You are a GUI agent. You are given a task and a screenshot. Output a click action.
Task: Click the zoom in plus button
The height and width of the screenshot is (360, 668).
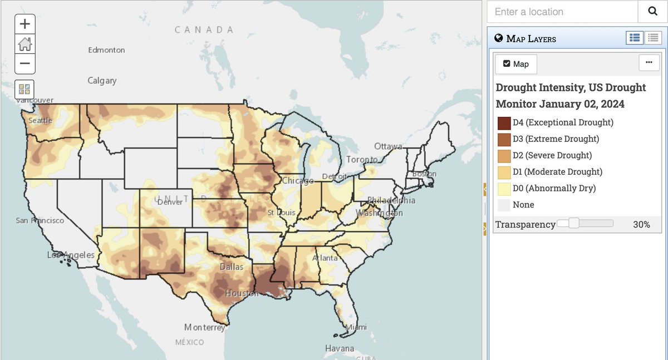pyautogui.click(x=24, y=24)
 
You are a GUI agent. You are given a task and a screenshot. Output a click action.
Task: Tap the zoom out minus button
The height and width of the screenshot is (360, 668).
pyautogui.click(x=24, y=63)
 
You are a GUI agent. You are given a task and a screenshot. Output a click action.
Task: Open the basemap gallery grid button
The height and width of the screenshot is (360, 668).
pyautogui.click(x=24, y=90)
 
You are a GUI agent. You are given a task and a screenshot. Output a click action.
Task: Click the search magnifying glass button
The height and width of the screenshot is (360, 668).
pyautogui.click(x=652, y=12)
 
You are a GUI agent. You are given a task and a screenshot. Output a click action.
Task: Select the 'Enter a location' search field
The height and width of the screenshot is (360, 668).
pyautogui.click(x=562, y=12)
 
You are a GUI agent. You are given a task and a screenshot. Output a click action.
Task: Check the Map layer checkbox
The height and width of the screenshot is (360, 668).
pyautogui.click(x=507, y=64)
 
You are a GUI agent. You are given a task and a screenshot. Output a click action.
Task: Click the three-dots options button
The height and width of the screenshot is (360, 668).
pyautogui.click(x=649, y=63)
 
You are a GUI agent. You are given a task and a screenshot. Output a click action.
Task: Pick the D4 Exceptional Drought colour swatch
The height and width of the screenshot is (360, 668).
pyautogui.click(x=504, y=122)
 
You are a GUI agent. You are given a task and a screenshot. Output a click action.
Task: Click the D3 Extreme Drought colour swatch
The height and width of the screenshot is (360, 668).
pyautogui.click(x=504, y=139)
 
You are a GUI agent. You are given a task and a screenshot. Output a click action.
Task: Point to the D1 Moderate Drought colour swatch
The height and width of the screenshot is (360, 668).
pyautogui.click(x=504, y=172)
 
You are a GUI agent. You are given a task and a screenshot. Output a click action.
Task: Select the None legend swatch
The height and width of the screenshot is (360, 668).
pyautogui.click(x=504, y=205)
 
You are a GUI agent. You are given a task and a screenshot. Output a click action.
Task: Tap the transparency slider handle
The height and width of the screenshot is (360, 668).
pyautogui.click(x=574, y=224)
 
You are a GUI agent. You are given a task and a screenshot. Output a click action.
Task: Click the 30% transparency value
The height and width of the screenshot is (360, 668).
pyautogui.click(x=641, y=225)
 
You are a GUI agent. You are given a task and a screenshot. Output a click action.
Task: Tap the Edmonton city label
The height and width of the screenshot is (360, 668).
pyautogui.click(x=106, y=50)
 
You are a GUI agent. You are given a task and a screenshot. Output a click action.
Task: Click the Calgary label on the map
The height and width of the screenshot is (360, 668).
pyautogui.click(x=102, y=81)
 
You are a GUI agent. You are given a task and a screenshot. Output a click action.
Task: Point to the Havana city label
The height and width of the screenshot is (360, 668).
pyautogui.click(x=340, y=349)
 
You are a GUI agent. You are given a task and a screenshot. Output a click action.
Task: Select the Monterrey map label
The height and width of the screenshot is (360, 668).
pyautogui.click(x=205, y=328)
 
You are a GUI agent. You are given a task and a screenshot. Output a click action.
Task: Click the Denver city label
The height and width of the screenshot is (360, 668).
pyautogui.click(x=170, y=202)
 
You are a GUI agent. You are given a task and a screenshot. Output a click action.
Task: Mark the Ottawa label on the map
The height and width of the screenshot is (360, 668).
pyautogui.click(x=388, y=146)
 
